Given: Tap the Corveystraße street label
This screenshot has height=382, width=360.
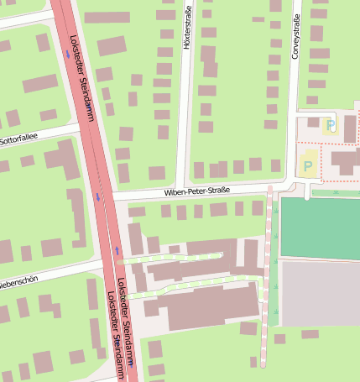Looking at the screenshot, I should pos(295,39).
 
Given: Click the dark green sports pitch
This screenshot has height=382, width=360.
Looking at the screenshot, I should pos(320,228).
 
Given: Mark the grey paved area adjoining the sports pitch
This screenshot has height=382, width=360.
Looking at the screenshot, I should pos(320,293).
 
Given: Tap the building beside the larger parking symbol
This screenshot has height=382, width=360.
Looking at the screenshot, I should pos(344,160).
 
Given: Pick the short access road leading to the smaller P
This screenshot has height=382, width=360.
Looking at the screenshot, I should pos(315,113).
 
